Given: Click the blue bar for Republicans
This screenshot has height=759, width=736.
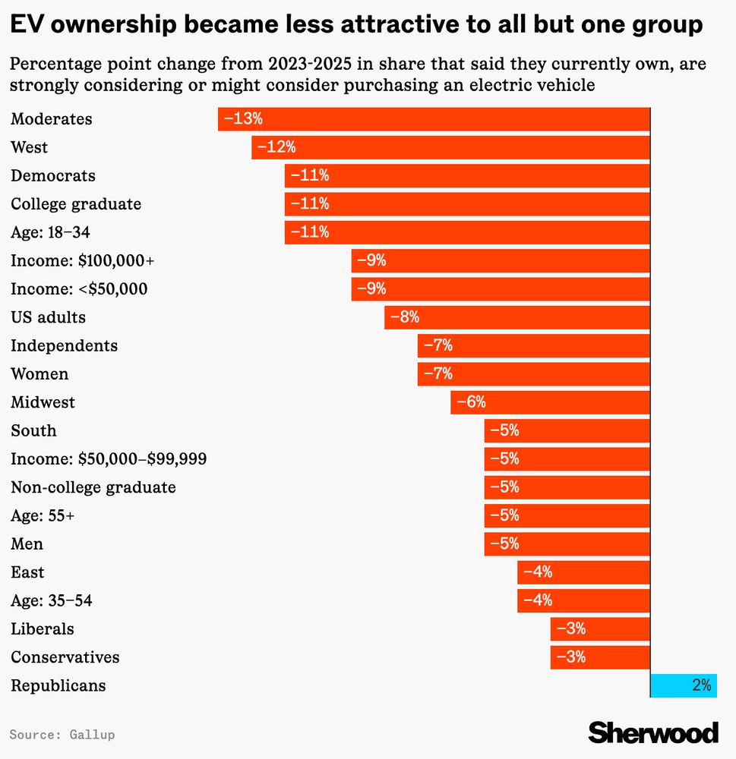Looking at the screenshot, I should (683, 685).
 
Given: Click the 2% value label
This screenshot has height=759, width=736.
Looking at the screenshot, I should (701, 685).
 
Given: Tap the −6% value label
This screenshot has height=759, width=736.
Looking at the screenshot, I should (471, 402).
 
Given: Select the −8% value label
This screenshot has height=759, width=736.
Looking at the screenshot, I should (405, 317).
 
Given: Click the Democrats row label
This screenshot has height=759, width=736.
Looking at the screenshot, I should (53, 175).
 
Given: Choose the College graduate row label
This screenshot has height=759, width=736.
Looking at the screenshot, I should (76, 204).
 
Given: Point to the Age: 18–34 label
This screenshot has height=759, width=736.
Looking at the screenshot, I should (51, 232).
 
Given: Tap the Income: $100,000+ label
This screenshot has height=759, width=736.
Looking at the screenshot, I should (82, 261).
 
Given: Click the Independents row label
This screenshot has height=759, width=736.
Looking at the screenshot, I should (65, 346).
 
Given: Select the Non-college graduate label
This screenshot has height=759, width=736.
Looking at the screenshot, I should (93, 487).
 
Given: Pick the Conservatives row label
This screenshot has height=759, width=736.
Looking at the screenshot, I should (65, 657).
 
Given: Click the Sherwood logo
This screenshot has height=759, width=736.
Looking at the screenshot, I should (653, 732).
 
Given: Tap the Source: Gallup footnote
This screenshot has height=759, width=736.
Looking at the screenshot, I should (62, 735).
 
